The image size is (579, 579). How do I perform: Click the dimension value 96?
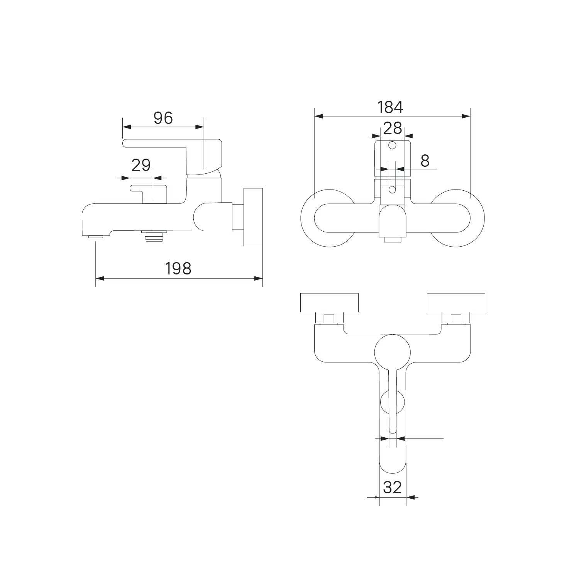click(163, 118)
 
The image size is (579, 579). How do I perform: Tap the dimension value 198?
click(178, 268)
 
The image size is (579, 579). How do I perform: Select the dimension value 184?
click(390, 107)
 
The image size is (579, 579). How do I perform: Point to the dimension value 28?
click(393, 128)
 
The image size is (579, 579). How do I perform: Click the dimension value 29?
click(141, 165)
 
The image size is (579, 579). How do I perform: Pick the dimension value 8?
click(425, 161)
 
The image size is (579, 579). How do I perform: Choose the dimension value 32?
click(393, 488)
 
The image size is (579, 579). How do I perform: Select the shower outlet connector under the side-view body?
click(154, 235)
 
